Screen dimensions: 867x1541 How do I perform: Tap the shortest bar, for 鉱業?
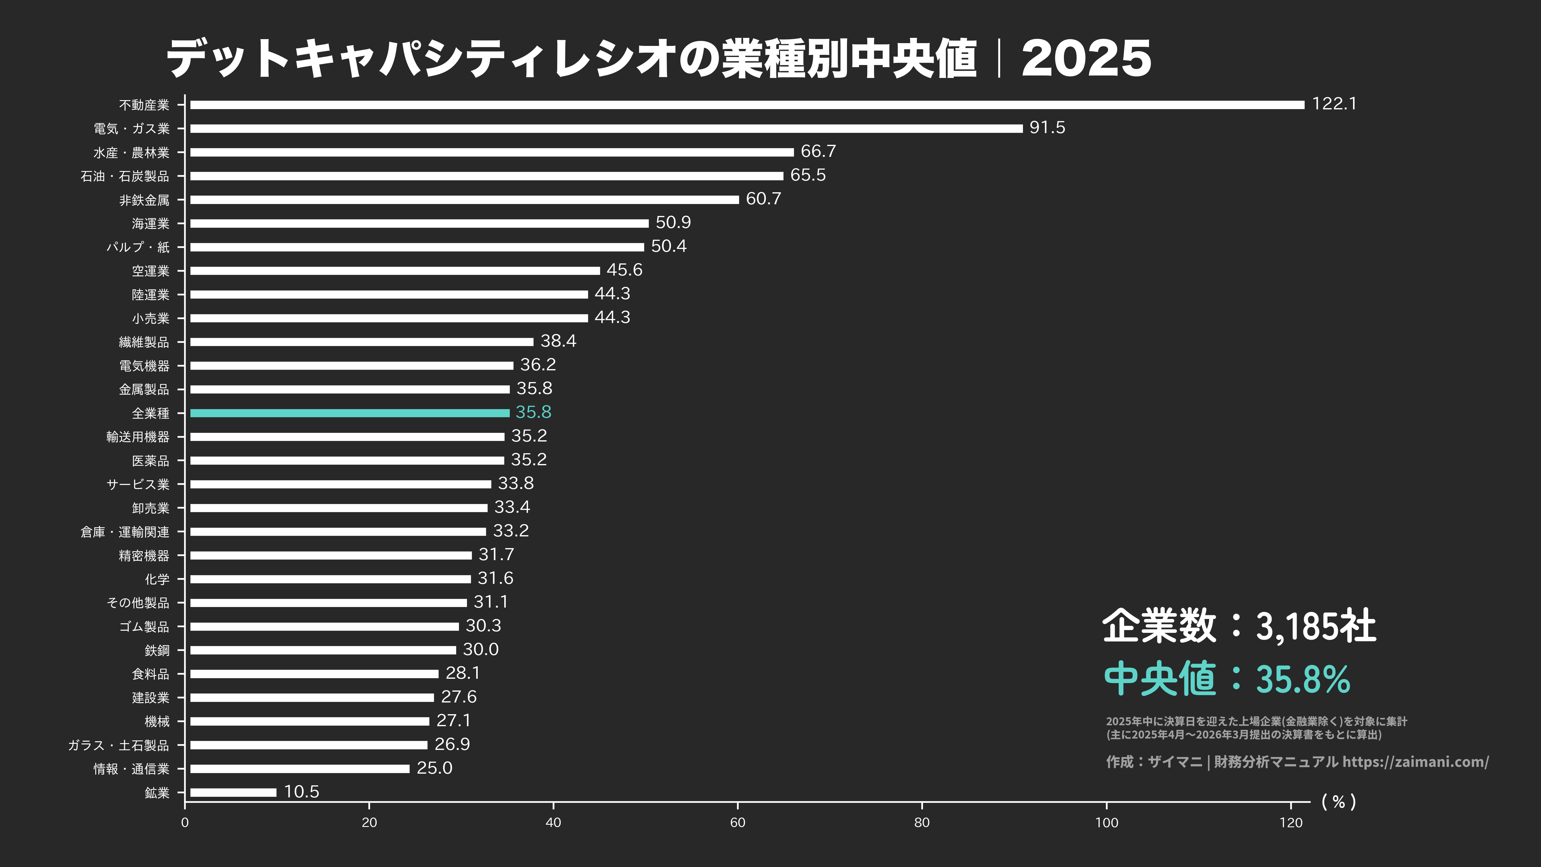coord(233,792)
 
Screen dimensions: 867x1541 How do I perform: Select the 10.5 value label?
coord(301,792)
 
